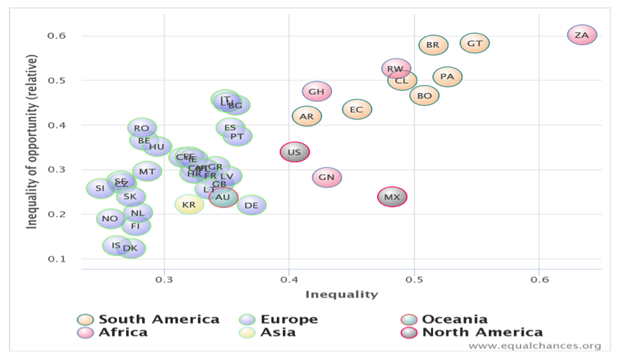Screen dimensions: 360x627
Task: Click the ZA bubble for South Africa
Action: click(x=582, y=35)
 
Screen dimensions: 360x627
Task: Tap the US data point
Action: click(x=294, y=153)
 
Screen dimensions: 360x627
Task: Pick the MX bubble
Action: click(x=392, y=197)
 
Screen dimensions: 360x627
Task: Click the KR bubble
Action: click(x=189, y=205)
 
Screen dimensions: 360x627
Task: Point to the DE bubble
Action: click(x=251, y=206)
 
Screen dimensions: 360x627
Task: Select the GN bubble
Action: click(x=327, y=177)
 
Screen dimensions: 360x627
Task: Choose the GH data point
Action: click(x=317, y=92)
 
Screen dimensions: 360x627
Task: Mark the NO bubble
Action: click(x=110, y=219)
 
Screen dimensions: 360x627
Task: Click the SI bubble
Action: click(x=100, y=189)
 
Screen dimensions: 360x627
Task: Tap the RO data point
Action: click(x=141, y=128)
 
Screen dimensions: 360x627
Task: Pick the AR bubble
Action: click(x=307, y=116)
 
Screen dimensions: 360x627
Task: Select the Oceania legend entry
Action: click(x=454, y=319)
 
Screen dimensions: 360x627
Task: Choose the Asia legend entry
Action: click(x=279, y=332)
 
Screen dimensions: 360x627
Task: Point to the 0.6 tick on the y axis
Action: click(x=56, y=35)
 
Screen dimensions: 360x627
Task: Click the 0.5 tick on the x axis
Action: click(x=414, y=280)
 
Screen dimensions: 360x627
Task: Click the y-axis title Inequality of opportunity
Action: click(x=31, y=143)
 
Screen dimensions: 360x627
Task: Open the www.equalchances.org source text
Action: click(x=534, y=346)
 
